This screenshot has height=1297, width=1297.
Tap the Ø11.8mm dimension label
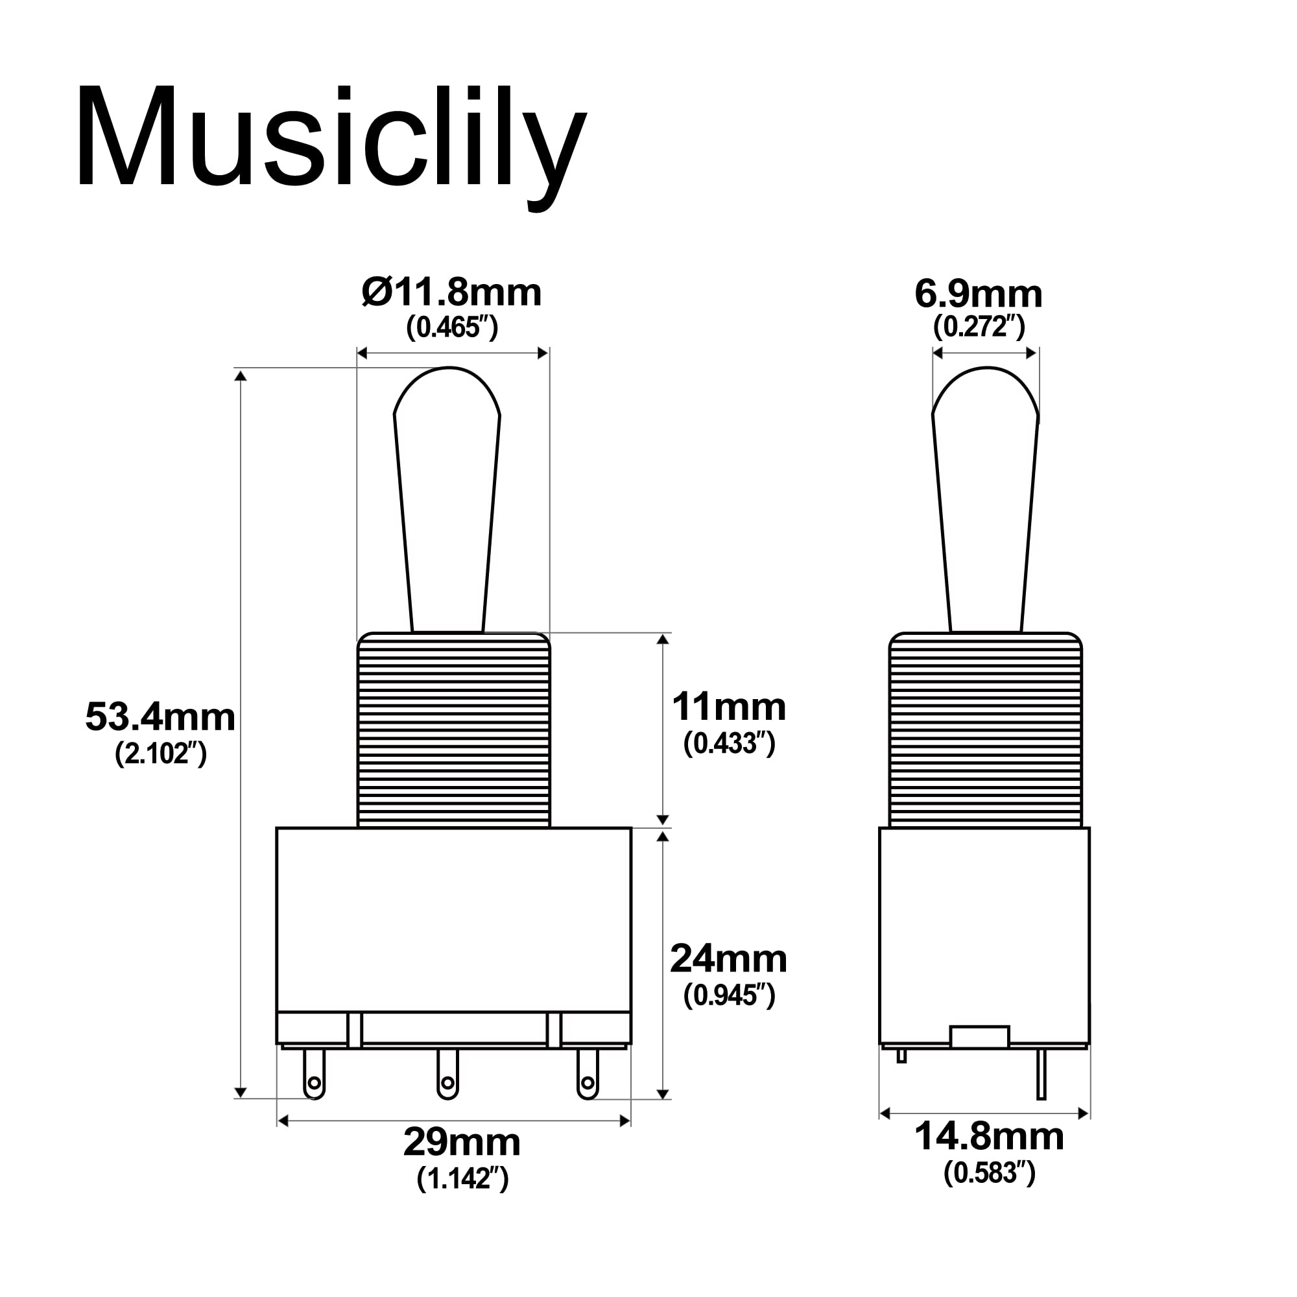point(451,292)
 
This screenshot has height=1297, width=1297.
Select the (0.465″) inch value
point(452,327)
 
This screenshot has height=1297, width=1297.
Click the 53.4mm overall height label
point(160,717)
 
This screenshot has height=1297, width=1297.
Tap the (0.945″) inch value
point(729,995)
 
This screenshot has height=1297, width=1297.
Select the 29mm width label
point(462,1142)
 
